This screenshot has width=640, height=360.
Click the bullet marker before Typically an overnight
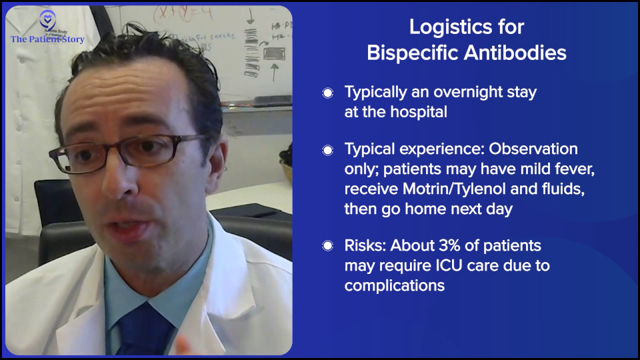(327, 93)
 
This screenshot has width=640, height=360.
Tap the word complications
(393, 285)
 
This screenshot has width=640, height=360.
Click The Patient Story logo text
(47, 39)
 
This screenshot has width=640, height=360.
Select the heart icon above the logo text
(47, 18)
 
